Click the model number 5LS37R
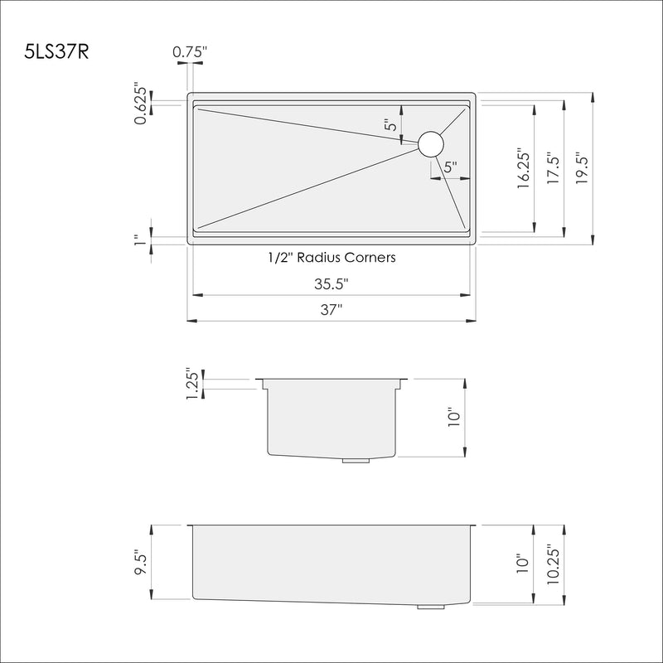click(56, 51)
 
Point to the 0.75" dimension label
click(190, 52)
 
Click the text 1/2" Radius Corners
click(331, 257)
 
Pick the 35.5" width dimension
click(331, 284)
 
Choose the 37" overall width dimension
click(331, 310)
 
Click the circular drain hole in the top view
click(431, 144)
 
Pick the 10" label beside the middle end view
click(452, 418)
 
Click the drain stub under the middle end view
click(356, 459)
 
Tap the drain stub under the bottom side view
click(430, 607)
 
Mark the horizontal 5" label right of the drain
click(450, 167)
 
